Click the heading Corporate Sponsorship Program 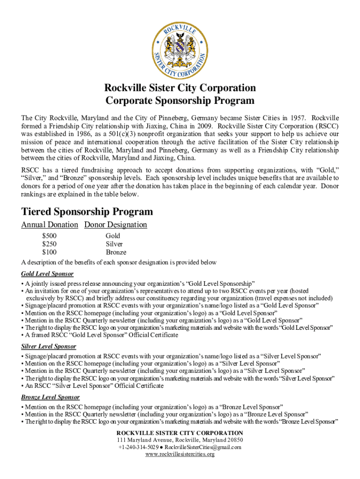[x=180, y=101]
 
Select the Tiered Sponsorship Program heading [x=87, y=212]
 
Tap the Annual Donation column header [x=50, y=225]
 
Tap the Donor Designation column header [x=115, y=225]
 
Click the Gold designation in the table [x=113, y=236]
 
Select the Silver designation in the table [x=114, y=244]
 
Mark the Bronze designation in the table [x=116, y=253]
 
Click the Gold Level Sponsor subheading [x=47, y=274]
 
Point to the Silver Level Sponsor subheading [x=49, y=347]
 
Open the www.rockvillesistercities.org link [x=180, y=454]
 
